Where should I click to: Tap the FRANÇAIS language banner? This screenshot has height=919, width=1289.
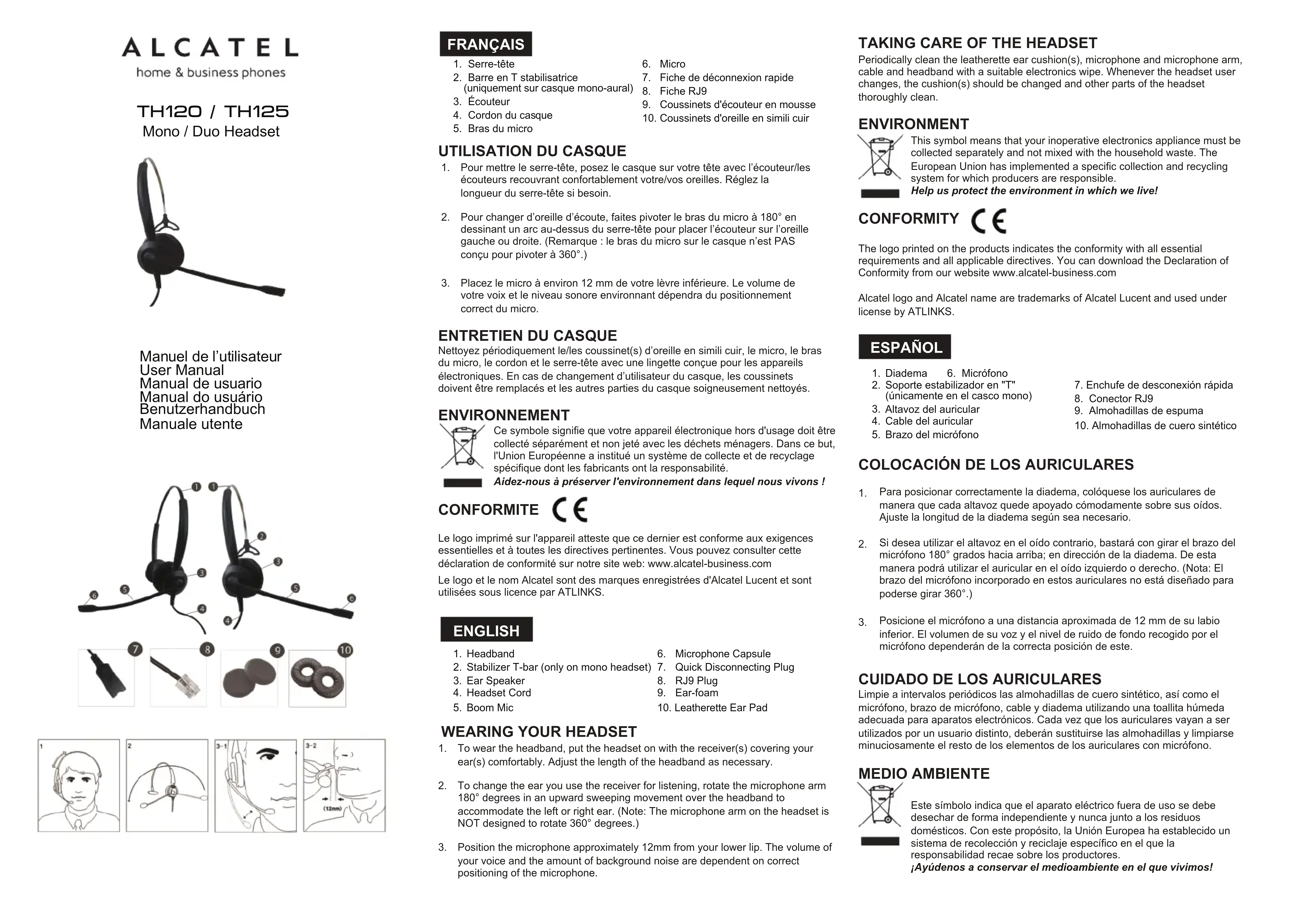point(485,44)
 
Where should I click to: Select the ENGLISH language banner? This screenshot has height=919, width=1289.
point(486,630)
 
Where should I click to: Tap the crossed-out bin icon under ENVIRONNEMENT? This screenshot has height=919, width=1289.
point(462,447)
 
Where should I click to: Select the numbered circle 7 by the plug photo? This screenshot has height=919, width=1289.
point(135,649)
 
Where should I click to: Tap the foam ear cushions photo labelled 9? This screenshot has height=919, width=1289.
point(249,679)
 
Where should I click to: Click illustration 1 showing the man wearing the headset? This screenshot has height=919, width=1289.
point(79,786)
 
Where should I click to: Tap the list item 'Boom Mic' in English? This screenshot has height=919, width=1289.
point(489,707)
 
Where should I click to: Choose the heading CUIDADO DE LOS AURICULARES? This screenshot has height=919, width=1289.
point(980,679)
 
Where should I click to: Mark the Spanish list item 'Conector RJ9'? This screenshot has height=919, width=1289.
point(1120,398)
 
